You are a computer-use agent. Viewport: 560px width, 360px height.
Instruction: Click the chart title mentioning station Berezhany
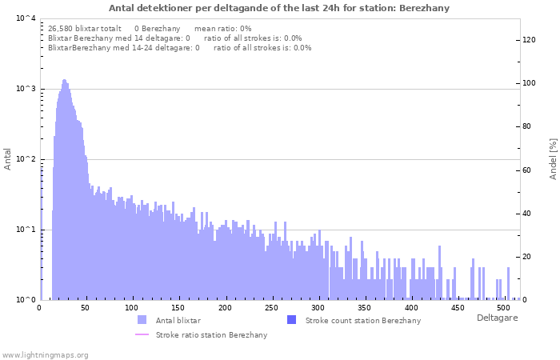point(279,8)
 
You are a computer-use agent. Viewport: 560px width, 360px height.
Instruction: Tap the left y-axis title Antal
point(8,158)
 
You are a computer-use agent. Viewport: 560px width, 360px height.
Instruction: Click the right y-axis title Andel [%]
point(552,158)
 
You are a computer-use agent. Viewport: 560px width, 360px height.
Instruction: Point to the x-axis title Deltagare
point(497,318)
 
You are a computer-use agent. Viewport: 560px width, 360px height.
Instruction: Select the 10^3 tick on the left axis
point(25,89)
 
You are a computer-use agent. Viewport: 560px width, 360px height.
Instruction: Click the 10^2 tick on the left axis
point(25,159)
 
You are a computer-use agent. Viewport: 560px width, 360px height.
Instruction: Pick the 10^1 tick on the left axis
point(25,230)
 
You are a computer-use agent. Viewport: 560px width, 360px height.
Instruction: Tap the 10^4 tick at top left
point(25,18)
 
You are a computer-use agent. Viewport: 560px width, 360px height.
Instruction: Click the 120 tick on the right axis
point(530,40)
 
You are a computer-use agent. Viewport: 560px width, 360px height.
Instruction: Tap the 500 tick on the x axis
point(504,307)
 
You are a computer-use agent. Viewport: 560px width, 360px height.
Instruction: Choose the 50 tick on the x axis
point(86,307)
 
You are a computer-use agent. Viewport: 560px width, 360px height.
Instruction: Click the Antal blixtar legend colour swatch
point(142,320)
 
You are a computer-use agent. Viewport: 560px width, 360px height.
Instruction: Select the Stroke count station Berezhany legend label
point(362,320)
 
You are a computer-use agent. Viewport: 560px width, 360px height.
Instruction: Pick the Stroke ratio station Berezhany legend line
point(142,334)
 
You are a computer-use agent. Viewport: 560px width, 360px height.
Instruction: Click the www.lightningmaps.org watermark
point(45,354)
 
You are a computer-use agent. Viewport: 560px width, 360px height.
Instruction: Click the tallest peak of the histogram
point(64,81)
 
